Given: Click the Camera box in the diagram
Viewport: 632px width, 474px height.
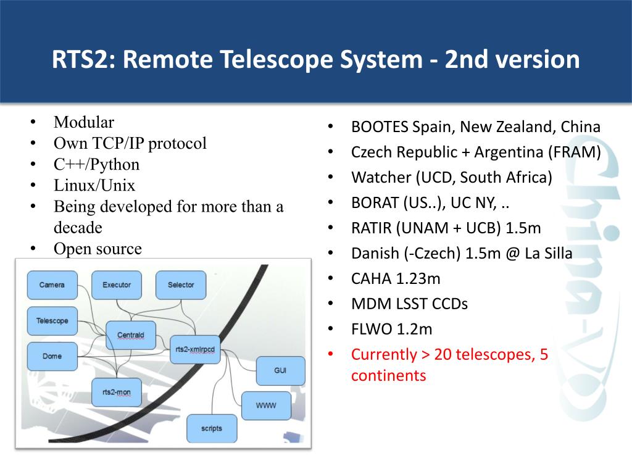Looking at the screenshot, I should click(x=52, y=285).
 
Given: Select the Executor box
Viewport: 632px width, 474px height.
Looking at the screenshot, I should click(x=117, y=285).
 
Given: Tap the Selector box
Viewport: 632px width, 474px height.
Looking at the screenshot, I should click(x=181, y=285).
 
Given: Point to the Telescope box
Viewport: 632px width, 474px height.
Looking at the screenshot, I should click(x=52, y=321).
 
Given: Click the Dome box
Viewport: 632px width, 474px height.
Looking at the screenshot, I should click(x=52, y=356).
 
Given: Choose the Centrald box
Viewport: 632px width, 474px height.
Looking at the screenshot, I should click(x=131, y=336).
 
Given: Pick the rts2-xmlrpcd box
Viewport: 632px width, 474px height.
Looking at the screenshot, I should click(x=194, y=349).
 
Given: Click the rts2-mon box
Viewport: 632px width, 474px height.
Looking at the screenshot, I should click(x=116, y=392).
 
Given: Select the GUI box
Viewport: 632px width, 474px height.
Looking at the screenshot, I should click(x=280, y=371).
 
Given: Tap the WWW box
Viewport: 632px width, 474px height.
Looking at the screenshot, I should click(x=266, y=405).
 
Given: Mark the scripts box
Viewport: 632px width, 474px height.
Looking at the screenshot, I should click(x=211, y=428).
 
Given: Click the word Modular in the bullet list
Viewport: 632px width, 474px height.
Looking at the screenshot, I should click(x=84, y=122).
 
